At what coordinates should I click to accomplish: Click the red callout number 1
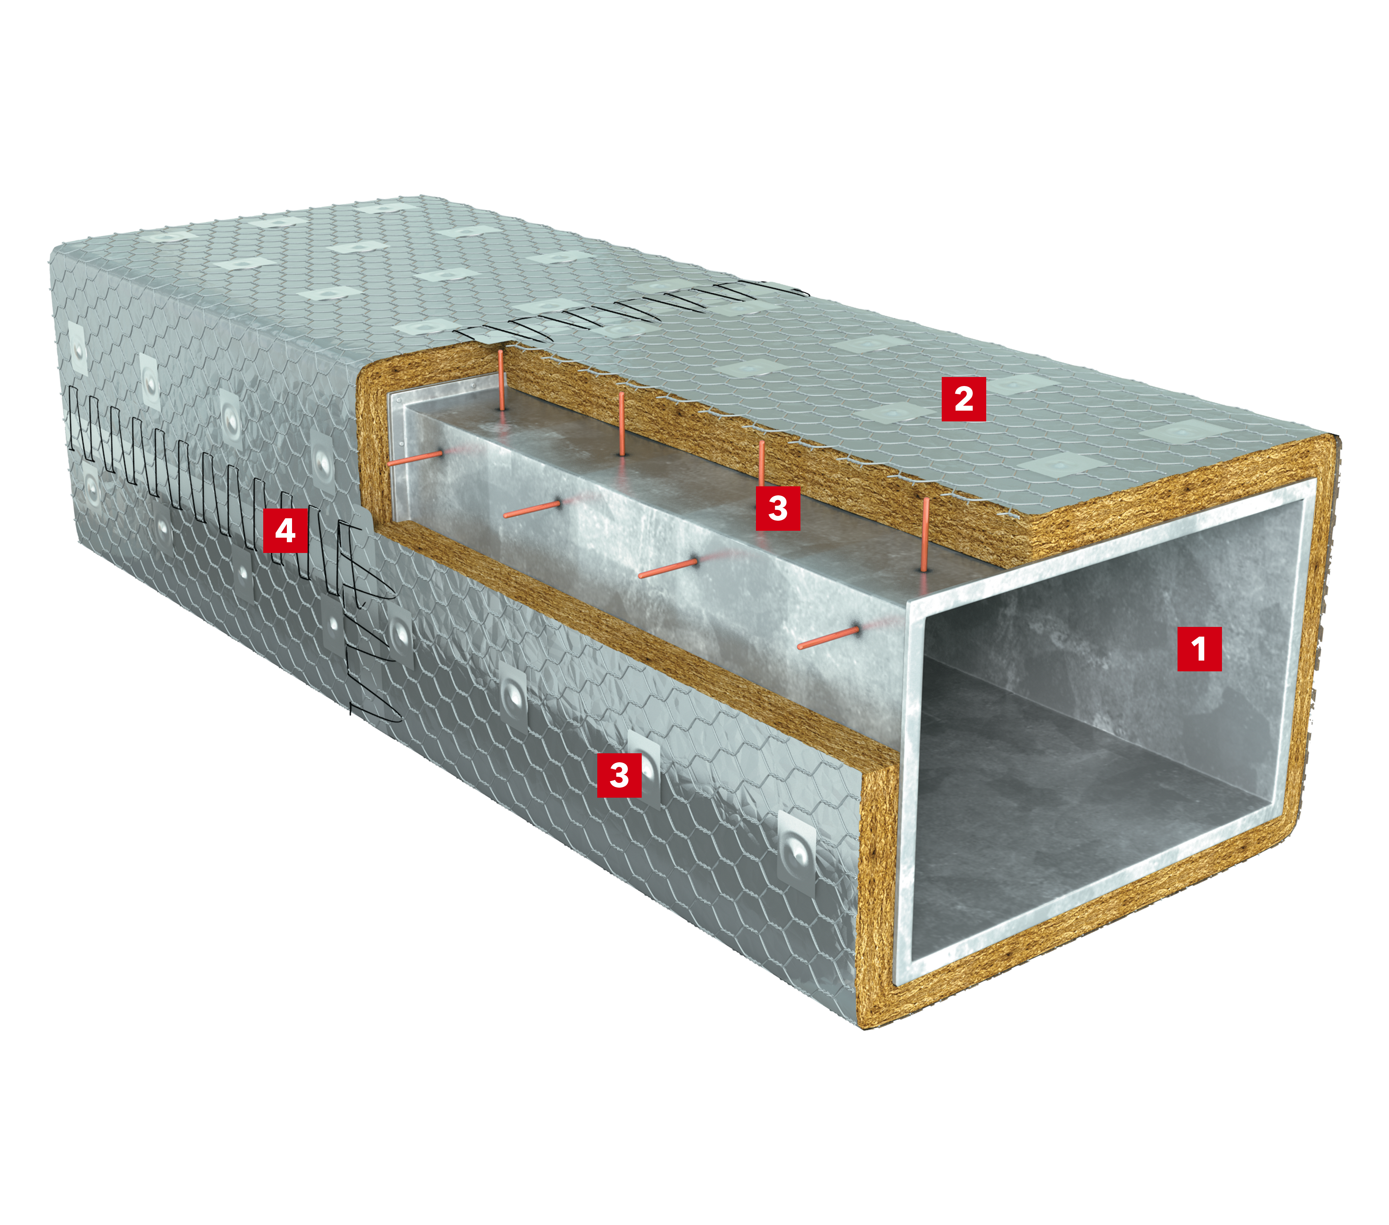tap(1199, 649)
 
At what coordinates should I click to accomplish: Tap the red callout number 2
tap(964, 399)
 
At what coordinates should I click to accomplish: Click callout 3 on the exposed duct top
tap(778, 507)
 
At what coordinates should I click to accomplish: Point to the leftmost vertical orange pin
tap(501, 380)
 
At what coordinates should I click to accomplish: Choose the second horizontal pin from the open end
tap(668, 569)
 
